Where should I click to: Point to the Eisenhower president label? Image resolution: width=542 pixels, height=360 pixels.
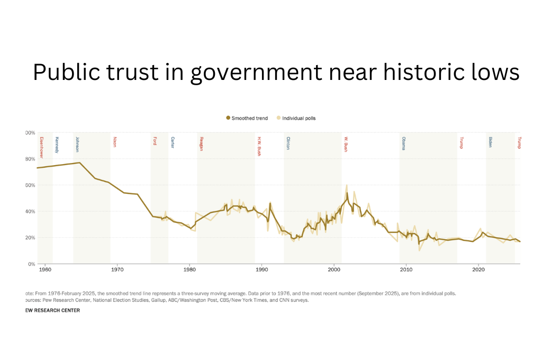[x=41, y=148]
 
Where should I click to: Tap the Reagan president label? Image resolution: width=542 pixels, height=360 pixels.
[x=202, y=143]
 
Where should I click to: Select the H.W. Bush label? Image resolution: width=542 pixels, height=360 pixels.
[x=259, y=146]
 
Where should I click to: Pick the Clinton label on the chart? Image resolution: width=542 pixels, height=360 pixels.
[x=288, y=143]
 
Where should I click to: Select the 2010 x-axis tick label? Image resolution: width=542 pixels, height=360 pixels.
[x=406, y=269]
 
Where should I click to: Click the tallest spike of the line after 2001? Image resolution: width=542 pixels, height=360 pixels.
[x=347, y=185]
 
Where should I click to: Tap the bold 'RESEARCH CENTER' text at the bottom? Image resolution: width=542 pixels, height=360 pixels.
[x=58, y=311]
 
